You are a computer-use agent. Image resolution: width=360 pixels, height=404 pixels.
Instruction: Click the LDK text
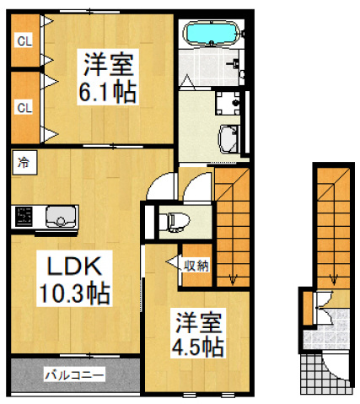[x=73, y=267]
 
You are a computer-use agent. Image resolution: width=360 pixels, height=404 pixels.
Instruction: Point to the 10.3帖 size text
[x=74, y=294]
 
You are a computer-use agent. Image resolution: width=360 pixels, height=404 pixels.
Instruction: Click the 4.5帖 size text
[x=199, y=346]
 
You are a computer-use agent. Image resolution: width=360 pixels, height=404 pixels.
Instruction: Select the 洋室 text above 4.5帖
[x=198, y=321]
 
